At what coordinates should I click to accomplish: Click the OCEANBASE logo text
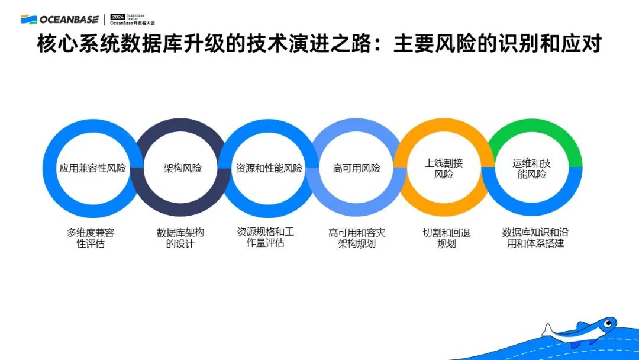[69, 20]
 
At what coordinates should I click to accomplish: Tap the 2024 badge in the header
[118, 17]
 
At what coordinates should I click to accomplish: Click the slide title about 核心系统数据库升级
[319, 44]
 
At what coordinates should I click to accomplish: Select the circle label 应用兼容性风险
[93, 168]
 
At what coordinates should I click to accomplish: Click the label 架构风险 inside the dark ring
[182, 168]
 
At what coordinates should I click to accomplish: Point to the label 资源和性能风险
[269, 168]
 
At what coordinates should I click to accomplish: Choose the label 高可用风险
[357, 168]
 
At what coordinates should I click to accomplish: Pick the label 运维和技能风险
[532, 168]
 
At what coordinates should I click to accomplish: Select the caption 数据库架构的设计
[180, 238]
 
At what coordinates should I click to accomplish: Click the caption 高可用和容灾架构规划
[357, 238]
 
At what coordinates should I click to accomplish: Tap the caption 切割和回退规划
[446, 238]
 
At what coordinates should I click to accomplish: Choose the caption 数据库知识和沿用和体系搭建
[535, 238]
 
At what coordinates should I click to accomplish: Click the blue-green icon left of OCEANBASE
[28, 20]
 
